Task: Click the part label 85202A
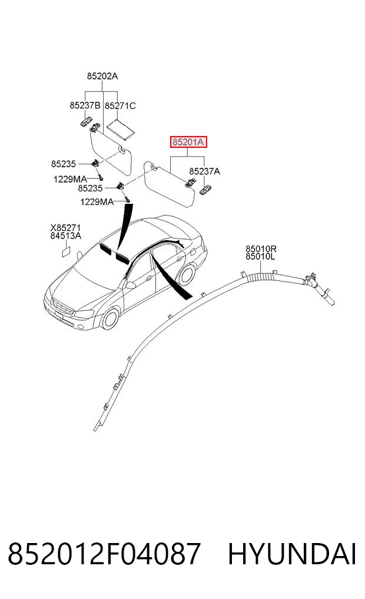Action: (102, 77)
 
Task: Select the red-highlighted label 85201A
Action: (188, 143)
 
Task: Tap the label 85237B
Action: (85, 105)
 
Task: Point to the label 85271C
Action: (120, 106)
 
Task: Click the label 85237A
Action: (205, 171)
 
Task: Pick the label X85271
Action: (66, 229)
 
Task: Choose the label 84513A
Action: (66, 236)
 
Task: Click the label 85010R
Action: (261, 249)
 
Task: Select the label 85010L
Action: (260, 256)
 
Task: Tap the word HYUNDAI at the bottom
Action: (292, 554)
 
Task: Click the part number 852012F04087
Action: (104, 554)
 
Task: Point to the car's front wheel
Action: (111, 319)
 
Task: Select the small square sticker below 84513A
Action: (65, 251)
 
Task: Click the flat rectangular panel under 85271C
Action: (121, 128)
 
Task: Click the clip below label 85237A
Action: (205, 188)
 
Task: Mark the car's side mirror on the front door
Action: (130, 285)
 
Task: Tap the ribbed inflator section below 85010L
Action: (261, 276)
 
